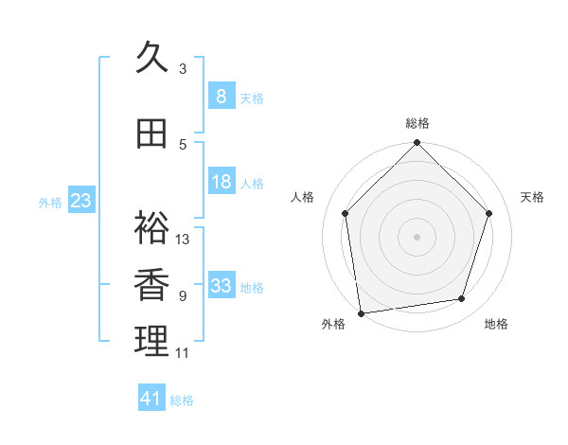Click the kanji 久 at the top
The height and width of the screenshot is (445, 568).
[151, 59]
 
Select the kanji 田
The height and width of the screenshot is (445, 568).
[151, 134]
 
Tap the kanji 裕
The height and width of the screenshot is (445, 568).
[151, 228]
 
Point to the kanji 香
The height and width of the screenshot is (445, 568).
[151, 285]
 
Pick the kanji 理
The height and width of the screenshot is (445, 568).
[151, 341]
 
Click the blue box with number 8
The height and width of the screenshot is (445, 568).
[221, 97]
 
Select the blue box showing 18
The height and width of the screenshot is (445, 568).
[221, 182]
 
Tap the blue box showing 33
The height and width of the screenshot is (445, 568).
[221, 286]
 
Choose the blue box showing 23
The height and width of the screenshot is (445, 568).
[80, 201]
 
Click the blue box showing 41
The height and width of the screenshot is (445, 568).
[151, 399]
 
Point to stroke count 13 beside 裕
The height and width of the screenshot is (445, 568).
[183, 240]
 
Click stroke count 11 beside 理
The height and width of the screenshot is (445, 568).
[183, 353]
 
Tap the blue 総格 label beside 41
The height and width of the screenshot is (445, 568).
[182, 400]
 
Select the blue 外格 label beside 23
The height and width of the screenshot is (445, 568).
[50, 202]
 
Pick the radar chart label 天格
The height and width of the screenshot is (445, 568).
[533, 197]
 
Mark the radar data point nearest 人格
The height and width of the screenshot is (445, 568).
[346, 213]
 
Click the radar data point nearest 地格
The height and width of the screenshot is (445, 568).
[462, 299]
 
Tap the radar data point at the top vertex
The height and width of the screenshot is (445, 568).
[417, 144]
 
